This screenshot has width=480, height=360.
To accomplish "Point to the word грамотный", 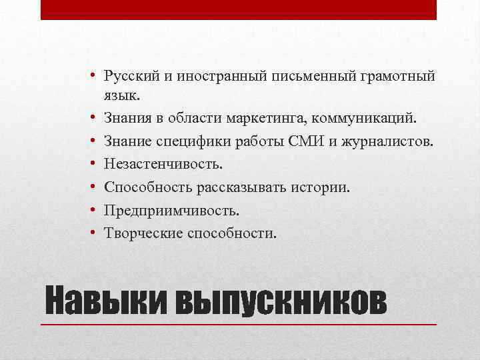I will pos(399,77).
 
